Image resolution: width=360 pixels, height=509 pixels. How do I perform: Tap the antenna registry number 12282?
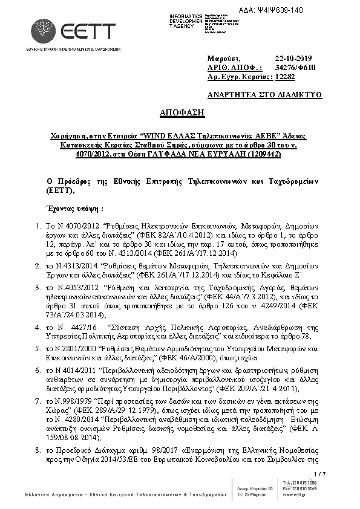pyautogui.click(x=285, y=77)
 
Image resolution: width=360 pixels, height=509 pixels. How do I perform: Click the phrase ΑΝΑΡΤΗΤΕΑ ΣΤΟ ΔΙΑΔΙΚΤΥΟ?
pyautogui.click(x=264, y=94)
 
